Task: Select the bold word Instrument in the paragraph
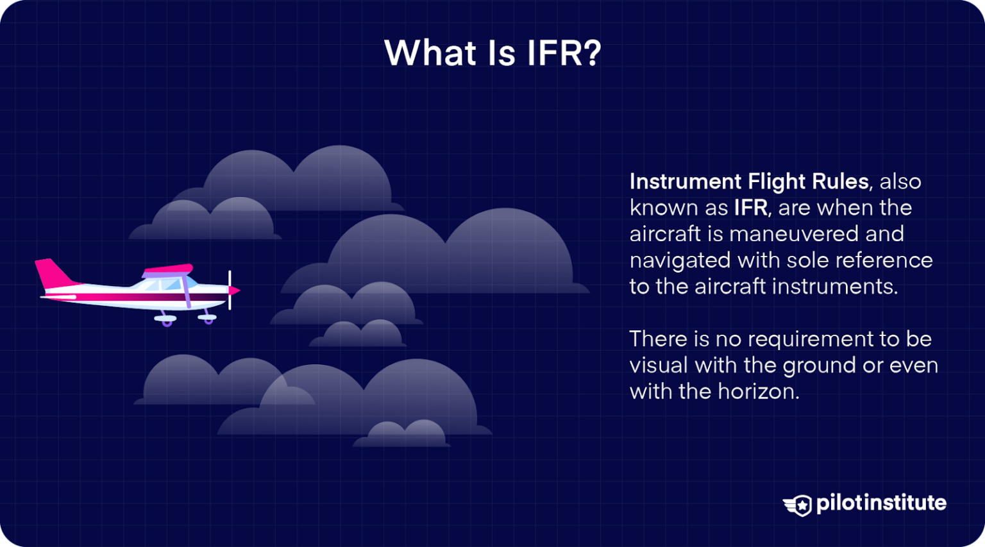(x=686, y=181)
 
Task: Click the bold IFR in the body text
(x=750, y=208)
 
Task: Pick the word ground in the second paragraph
(x=818, y=366)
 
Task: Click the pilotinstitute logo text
(x=881, y=503)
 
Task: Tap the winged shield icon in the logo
(x=798, y=505)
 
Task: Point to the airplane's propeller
(x=230, y=290)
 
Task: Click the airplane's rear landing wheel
(x=167, y=321)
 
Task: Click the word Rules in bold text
(x=840, y=181)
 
